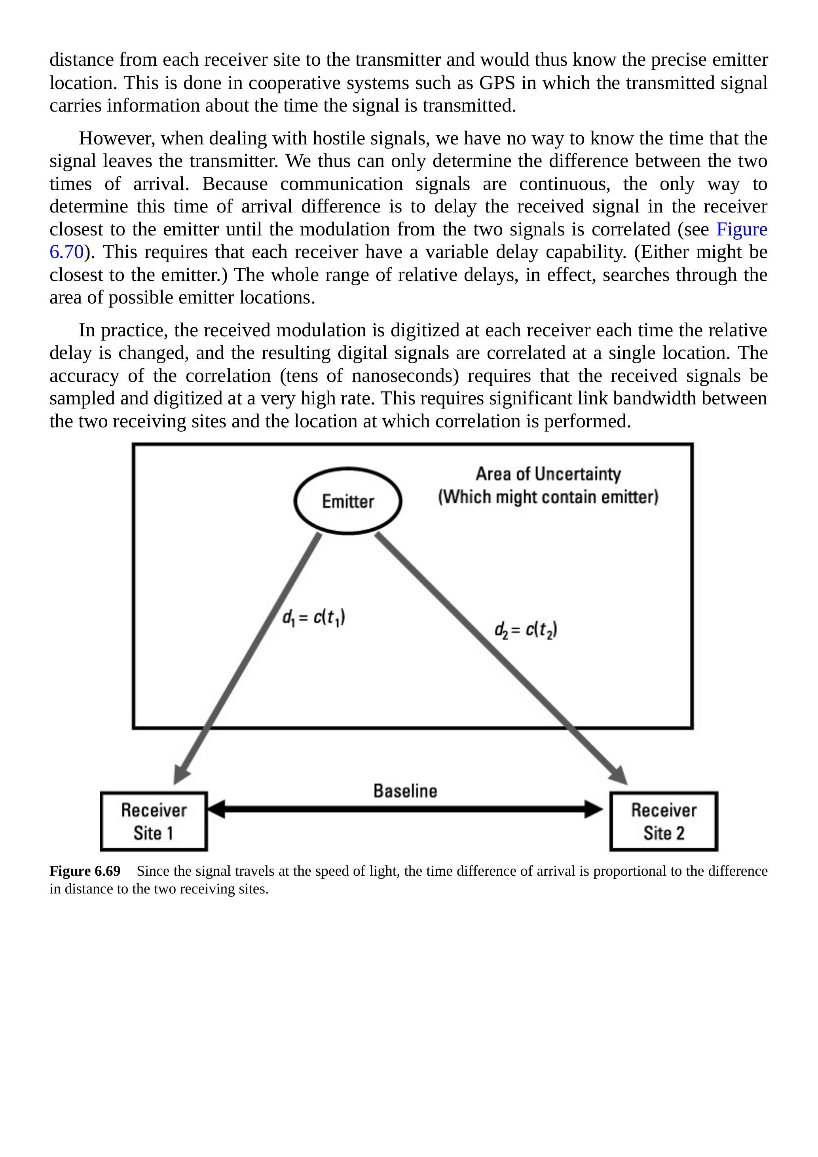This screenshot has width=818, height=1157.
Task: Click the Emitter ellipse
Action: point(348,501)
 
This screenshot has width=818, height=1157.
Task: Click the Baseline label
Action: point(405,791)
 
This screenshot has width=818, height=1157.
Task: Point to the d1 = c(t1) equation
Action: point(313,618)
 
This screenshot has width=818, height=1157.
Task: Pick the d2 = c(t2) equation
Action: point(526,630)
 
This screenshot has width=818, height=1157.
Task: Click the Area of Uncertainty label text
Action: point(548,474)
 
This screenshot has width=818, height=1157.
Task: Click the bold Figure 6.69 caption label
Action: point(85,871)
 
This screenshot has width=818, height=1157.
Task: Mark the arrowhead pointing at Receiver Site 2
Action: point(619,774)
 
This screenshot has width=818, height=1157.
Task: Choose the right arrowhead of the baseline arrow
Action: point(594,809)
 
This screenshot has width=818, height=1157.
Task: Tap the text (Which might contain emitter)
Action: point(548,497)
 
